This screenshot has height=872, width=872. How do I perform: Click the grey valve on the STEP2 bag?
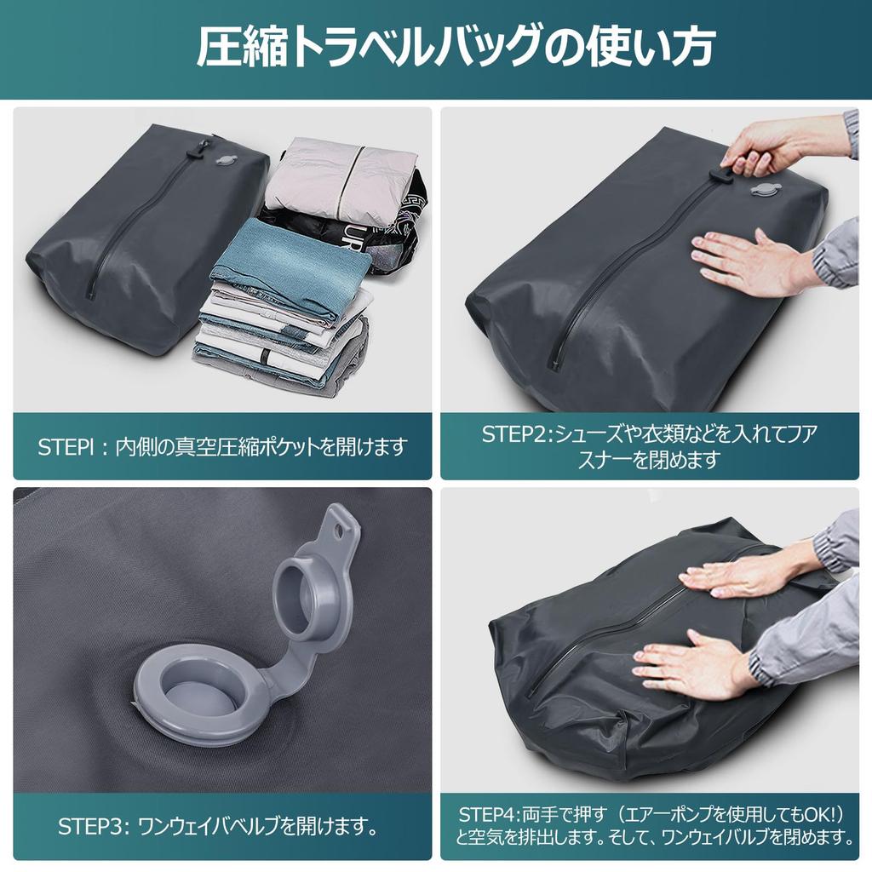point(761,190)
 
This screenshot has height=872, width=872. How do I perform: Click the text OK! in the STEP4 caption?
point(824,815)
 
